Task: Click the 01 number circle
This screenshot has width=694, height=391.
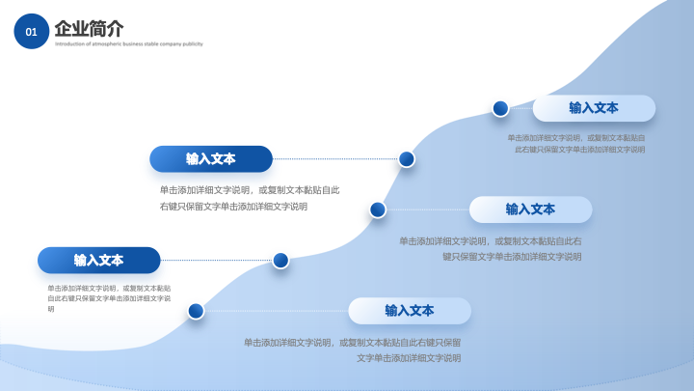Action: click(x=31, y=32)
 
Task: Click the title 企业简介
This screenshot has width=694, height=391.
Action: click(x=89, y=28)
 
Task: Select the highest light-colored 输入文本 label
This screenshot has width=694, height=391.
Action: click(x=594, y=108)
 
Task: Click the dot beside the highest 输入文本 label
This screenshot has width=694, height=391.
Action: click(x=500, y=108)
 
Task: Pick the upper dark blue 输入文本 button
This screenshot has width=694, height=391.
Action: click(x=210, y=158)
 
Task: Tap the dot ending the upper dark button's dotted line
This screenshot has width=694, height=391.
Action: click(x=407, y=158)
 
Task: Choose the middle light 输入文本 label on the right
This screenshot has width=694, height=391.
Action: click(x=530, y=209)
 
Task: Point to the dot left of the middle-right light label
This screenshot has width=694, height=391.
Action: click(x=378, y=209)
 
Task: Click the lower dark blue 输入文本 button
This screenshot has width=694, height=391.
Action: click(x=98, y=260)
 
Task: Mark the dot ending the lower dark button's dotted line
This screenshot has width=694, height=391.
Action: click(x=280, y=260)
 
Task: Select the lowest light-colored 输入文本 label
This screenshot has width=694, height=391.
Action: click(x=410, y=311)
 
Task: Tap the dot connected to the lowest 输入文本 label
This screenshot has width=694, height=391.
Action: click(x=196, y=311)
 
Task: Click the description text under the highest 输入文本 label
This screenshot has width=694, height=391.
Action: click(x=576, y=144)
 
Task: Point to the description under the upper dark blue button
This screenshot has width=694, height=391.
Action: click(x=249, y=198)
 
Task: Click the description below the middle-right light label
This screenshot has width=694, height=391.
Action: click(x=491, y=248)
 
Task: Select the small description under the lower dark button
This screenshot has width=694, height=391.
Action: click(x=109, y=297)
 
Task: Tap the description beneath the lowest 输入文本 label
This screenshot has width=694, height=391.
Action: click(x=352, y=349)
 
